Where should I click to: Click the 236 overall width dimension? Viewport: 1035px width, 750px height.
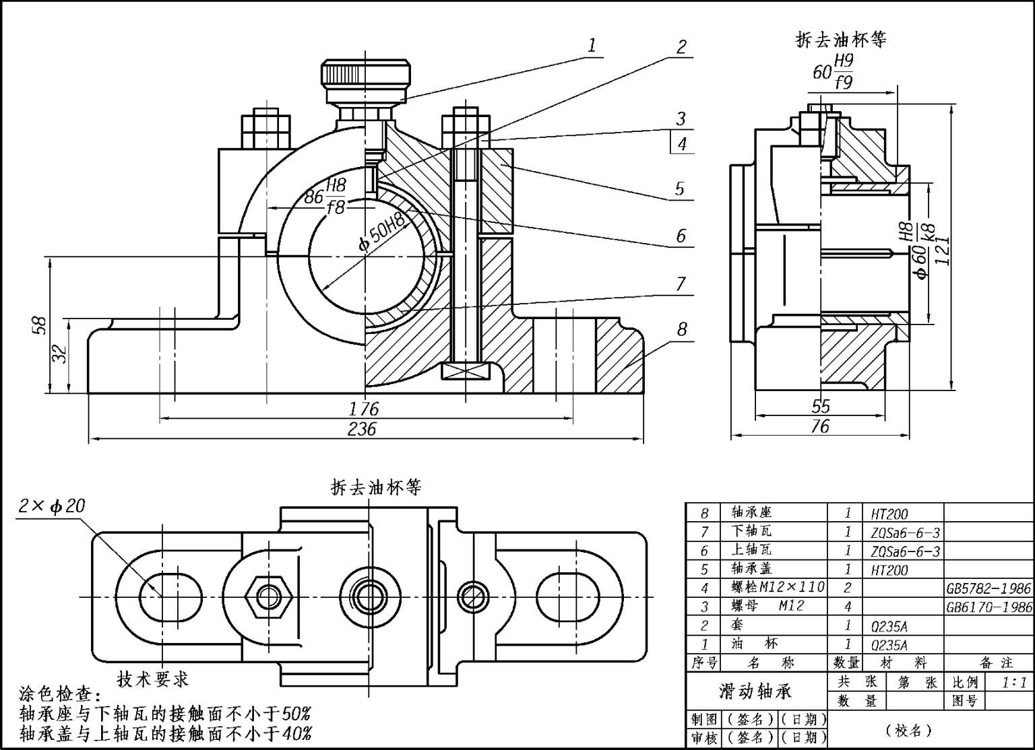click(362, 429)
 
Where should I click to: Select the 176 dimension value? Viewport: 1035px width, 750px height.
click(364, 409)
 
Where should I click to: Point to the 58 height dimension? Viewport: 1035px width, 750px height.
click(40, 325)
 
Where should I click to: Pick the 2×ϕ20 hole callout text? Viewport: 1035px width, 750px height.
click(52, 506)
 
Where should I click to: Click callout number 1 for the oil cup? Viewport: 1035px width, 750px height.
click(592, 46)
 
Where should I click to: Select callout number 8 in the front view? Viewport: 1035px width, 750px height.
click(682, 329)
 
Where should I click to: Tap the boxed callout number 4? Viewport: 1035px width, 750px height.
click(683, 143)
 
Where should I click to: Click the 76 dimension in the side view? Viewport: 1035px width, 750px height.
click(820, 426)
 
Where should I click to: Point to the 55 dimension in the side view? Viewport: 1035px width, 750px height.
click(821, 407)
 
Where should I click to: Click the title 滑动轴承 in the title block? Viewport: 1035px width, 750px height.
click(755, 691)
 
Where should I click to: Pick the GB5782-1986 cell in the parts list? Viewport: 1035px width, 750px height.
click(989, 588)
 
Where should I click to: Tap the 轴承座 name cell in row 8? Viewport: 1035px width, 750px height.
click(751, 513)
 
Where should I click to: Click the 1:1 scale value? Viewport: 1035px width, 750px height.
click(1014, 682)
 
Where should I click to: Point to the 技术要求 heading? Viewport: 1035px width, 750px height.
click(153, 679)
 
